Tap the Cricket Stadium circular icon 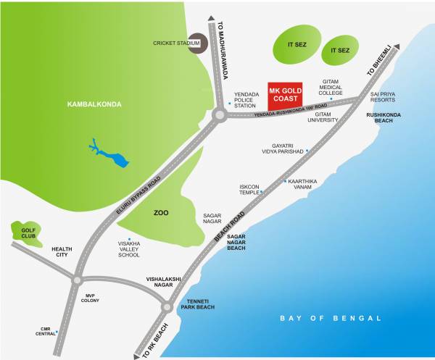(x=197, y=43)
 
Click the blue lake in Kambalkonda (x=104, y=151)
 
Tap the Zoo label (x=161, y=214)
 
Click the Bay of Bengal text (x=331, y=318)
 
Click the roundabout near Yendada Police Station (x=221, y=114)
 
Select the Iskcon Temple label (x=249, y=190)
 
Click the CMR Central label (x=46, y=332)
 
